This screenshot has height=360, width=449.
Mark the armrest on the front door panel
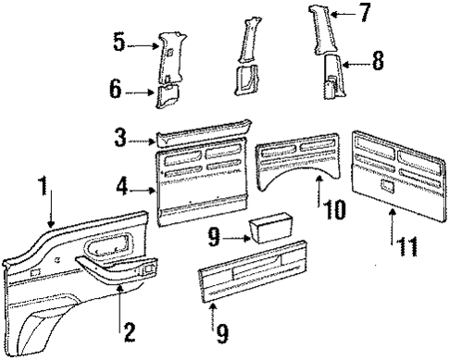click(x=102, y=269)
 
